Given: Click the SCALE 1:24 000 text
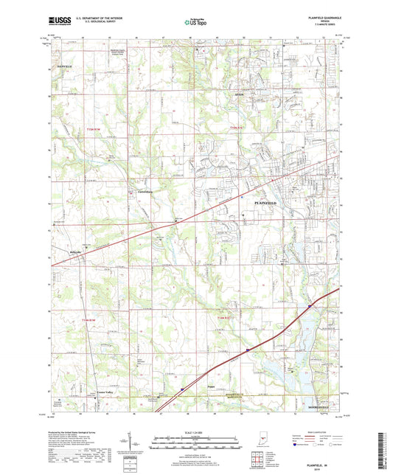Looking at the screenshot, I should [195, 433].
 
